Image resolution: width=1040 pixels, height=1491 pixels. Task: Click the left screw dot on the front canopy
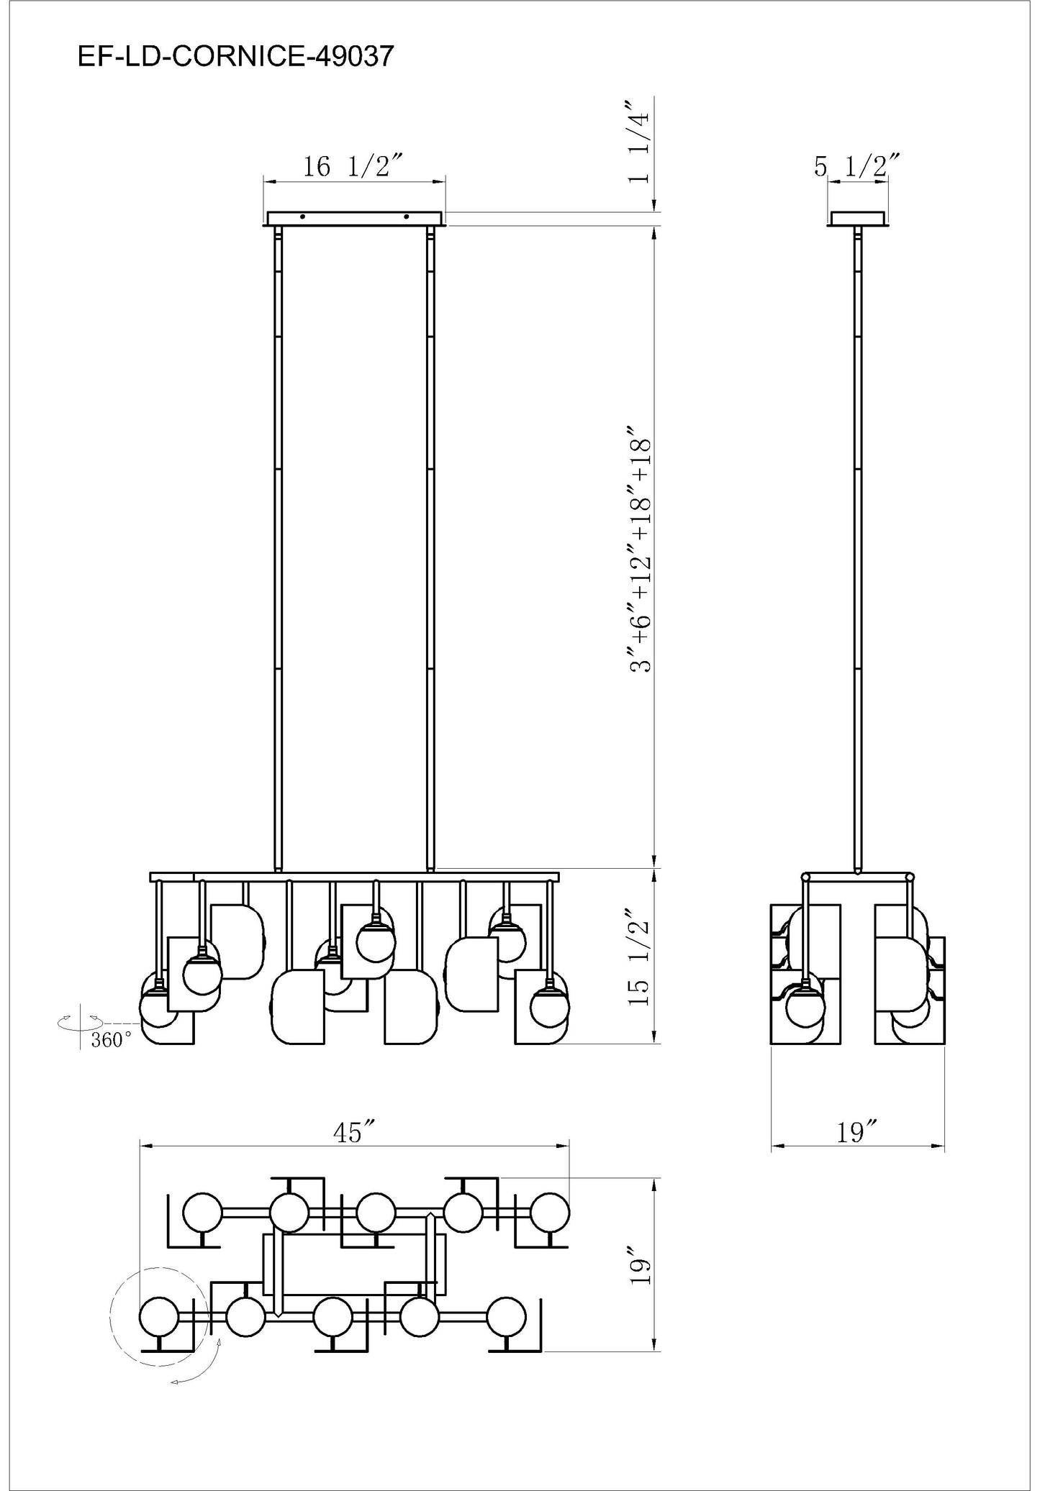[x=303, y=216]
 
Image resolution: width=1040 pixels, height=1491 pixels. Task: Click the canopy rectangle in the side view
[x=857, y=219]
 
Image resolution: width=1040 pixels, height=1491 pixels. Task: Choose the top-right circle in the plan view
[x=550, y=1213]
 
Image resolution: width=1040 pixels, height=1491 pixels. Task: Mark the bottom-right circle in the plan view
[x=506, y=1317]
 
